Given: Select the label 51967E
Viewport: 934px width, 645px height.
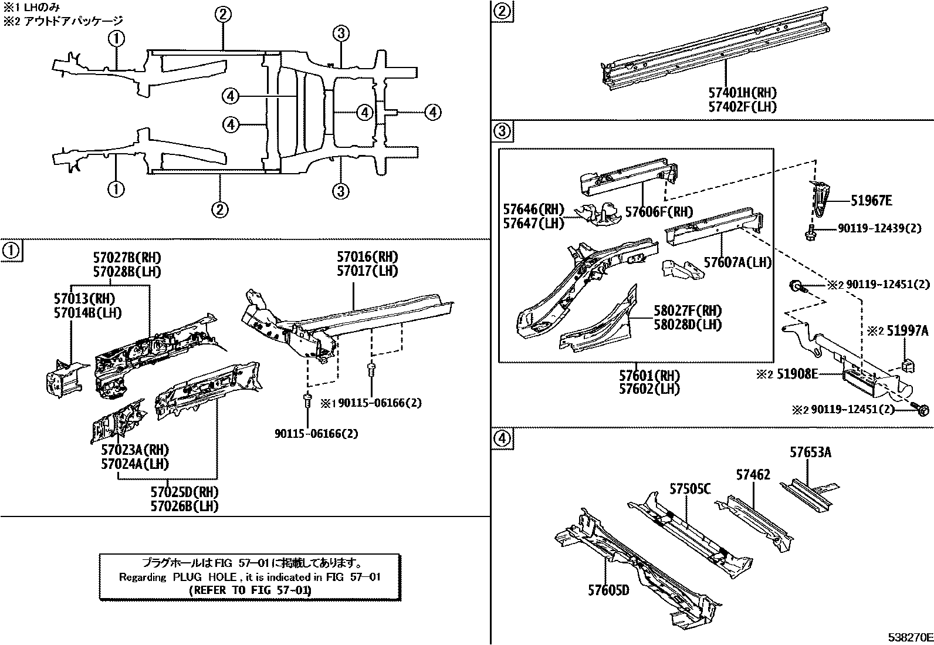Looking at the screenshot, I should click(871, 201).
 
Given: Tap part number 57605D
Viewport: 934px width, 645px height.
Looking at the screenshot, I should click(608, 590).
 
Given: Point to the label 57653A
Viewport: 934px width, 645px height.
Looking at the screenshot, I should click(810, 452).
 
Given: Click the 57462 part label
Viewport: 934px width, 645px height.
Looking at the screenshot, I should click(753, 475).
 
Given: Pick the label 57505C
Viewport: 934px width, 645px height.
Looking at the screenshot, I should click(691, 488).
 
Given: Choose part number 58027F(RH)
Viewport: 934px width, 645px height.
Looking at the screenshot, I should click(688, 311).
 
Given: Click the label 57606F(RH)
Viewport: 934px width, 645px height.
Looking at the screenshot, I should click(659, 212).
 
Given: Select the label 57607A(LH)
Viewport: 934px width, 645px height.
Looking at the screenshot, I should click(737, 262).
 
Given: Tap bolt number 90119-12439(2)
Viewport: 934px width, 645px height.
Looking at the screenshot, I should click(875, 228).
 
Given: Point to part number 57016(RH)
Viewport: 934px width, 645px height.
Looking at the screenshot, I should click(367, 257).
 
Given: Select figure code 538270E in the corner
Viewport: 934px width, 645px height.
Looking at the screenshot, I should click(909, 637).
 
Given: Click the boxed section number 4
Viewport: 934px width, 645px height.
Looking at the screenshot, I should click(502, 438).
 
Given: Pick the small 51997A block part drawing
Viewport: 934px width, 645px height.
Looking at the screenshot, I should click(907, 364).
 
